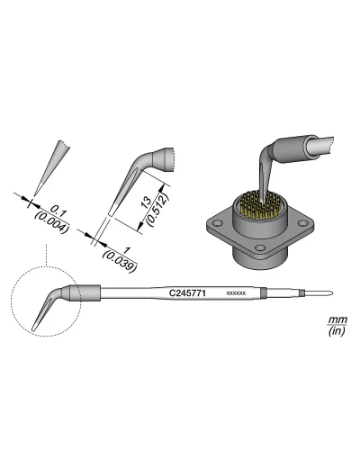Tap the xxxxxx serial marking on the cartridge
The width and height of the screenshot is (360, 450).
click(236, 293)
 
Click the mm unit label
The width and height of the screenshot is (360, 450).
click(337, 321)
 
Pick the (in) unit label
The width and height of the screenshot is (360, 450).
click(337, 332)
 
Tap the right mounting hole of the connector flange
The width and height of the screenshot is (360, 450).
click(299, 222)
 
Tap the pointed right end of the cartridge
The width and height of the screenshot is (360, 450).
click(333, 292)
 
